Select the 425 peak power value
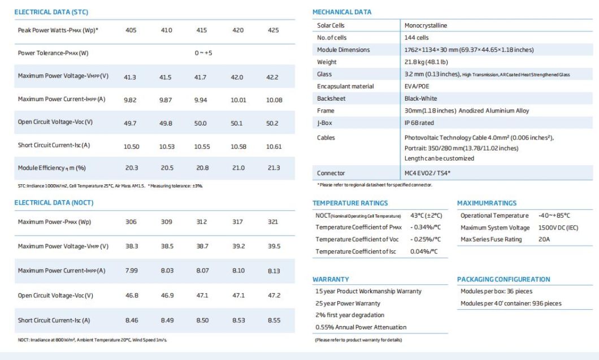point(273,30)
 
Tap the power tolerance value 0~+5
point(203,53)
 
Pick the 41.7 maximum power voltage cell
point(200,77)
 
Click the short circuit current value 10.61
point(274,146)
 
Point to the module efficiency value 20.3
point(131,168)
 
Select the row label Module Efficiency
point(51,168)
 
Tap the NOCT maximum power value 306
point(131,222)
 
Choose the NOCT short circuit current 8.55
point(273,320)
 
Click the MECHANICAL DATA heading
point(342,12)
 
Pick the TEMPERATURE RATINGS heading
point(350,203)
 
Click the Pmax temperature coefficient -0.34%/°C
point(424,227)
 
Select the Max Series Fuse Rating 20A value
point(544,240)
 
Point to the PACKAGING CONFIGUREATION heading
point(503,279)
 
